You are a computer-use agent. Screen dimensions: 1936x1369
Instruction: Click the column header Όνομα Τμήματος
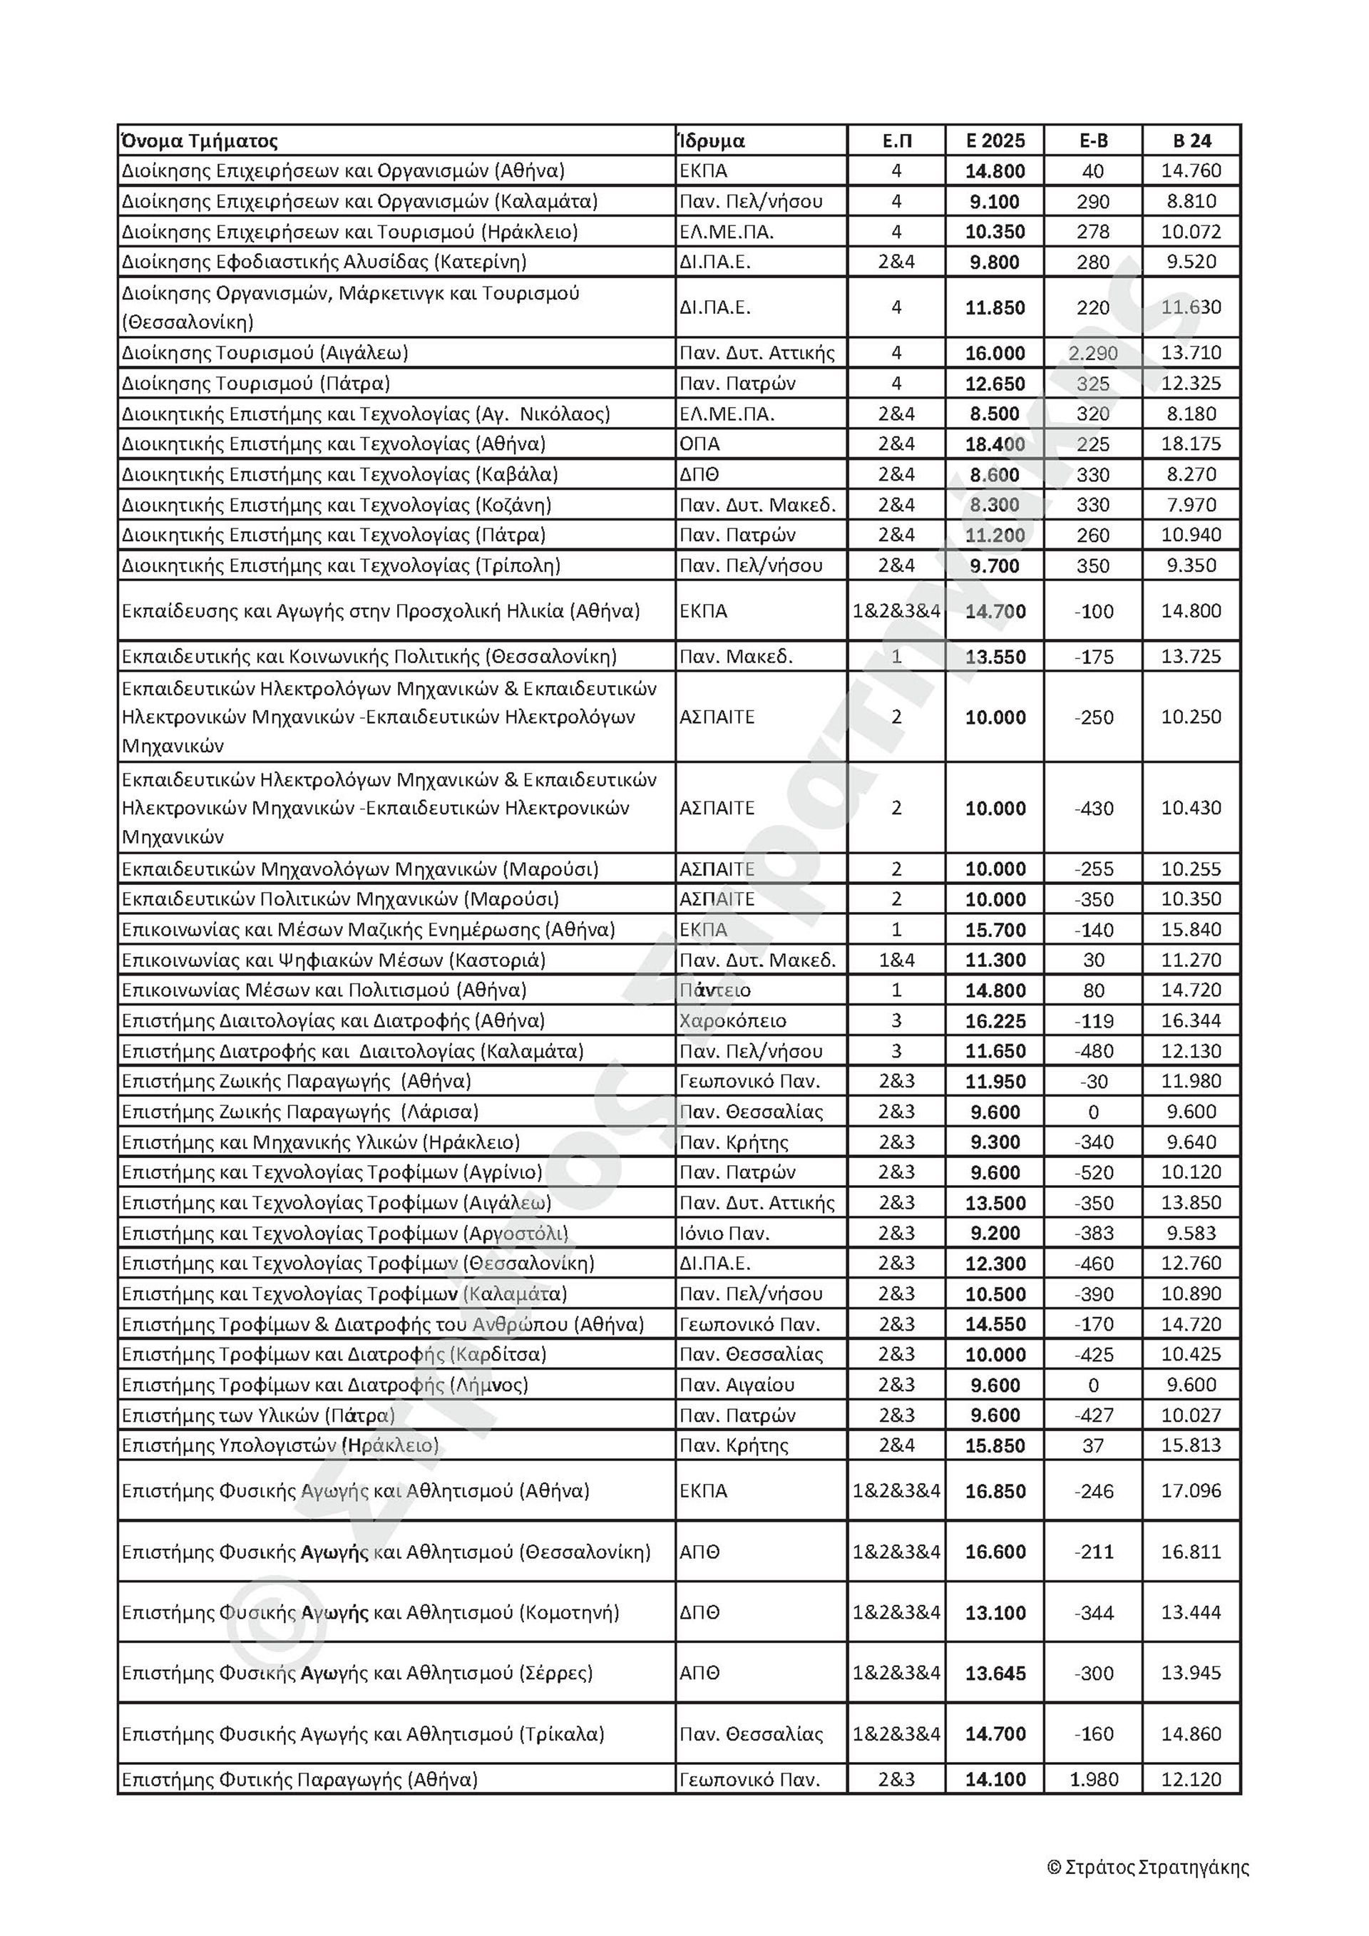[200, 140]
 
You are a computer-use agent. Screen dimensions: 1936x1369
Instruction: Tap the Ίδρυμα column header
[712, 140]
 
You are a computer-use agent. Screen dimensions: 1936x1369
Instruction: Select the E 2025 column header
[995, 140]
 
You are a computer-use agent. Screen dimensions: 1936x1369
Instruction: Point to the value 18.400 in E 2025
[995, 444]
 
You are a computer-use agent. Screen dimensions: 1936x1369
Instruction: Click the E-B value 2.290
[1092, 353]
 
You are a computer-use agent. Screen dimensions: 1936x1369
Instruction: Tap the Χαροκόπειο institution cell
[732, 1021]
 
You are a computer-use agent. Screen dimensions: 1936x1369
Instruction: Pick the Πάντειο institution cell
[715, 990]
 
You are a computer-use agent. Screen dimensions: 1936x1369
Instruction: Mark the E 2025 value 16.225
[995, 1021]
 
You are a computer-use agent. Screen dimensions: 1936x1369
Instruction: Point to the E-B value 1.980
[1093, 1780]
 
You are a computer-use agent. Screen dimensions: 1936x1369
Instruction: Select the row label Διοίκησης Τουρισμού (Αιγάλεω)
[265, 353]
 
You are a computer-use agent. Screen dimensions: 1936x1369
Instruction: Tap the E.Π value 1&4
[896, 961]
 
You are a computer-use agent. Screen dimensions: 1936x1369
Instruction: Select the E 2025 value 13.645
[995, 1673]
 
